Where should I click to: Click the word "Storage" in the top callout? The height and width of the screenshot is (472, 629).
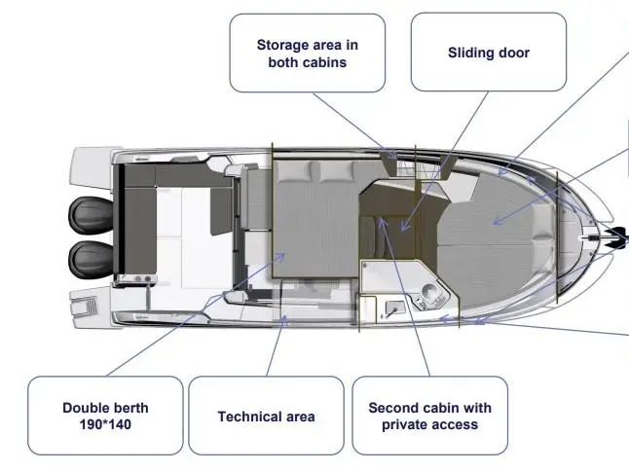(283, 45)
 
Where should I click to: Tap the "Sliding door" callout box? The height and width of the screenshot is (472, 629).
(489, 53)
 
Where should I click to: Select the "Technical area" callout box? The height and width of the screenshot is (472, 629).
(266, 416)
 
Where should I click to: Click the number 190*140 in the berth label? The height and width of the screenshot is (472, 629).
(105, 424)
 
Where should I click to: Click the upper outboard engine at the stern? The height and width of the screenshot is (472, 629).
(92, 215)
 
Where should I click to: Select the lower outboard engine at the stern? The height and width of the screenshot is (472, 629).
(92, 259)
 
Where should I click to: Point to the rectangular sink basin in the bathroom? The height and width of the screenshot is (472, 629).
(392, 309)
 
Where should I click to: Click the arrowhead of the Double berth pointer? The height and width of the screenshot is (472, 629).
(280, 256)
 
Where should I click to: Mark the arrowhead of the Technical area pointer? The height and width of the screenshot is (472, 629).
(284, 319)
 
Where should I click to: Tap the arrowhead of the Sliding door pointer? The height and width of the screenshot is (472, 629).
(405, 228)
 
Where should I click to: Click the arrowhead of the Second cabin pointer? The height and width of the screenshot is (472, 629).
(382, 221)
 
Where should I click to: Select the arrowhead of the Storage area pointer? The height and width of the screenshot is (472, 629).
(391, 155)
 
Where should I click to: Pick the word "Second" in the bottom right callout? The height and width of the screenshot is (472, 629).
(392, 408)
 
